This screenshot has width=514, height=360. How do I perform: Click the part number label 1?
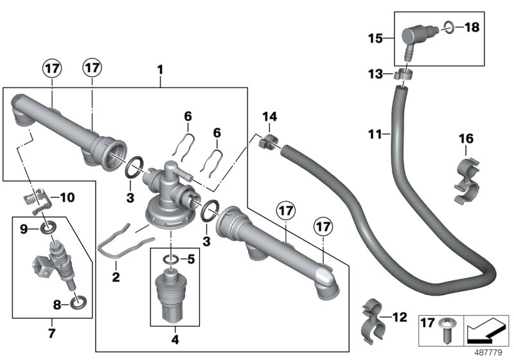click(160, 67)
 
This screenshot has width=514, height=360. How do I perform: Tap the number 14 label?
click(269, 116)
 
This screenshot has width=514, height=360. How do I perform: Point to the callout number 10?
click(67, 197)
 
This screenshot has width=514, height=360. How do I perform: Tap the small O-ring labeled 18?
click(449, 28)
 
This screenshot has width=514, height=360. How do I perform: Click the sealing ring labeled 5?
click(172, 260)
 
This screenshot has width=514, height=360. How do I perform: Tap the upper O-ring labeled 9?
click(48, 227)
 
